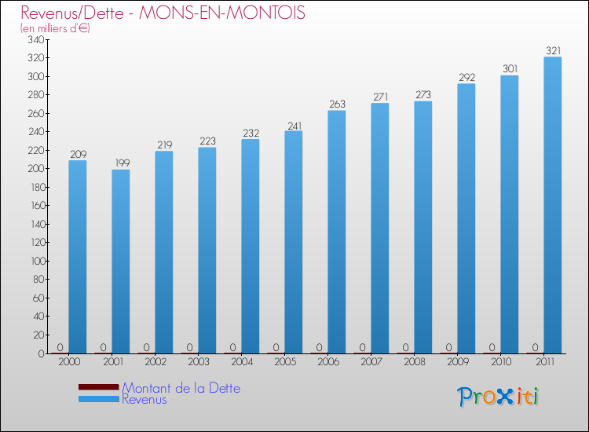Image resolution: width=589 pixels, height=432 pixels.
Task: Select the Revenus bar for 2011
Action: point(553,205)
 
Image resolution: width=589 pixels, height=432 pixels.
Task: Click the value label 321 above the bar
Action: point(553,50)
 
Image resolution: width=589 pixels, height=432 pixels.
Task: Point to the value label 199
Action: point(121,163)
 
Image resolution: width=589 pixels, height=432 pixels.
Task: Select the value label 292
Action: point(466,77)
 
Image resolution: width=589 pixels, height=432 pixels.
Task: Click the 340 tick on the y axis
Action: point(35,39)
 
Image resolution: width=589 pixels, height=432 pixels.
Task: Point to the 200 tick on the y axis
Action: point(35,169)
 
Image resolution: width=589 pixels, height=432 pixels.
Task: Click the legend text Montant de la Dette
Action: point(181,388)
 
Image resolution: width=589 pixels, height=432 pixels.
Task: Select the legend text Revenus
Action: point(144,399)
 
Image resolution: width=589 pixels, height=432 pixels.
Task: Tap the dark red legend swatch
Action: point(98,387)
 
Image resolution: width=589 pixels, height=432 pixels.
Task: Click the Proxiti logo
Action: point(499,397)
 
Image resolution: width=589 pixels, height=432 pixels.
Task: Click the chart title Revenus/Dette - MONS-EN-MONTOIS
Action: point(163,13)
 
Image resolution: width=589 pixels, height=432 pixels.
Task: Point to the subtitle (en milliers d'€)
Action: point(55,28)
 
